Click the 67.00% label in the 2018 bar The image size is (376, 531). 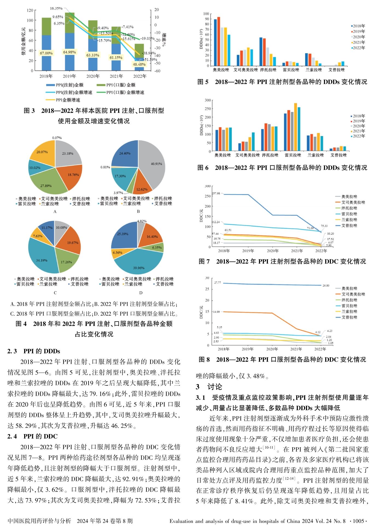[46, 53]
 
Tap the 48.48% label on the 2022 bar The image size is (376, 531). [139, 64]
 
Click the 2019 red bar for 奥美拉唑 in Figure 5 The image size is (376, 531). [218, 41]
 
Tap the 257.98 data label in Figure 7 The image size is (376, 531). [216, 194]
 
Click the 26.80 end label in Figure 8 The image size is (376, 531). [326, 285]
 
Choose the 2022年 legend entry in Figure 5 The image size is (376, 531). [358, 48]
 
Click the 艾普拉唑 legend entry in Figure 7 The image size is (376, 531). [349, 226]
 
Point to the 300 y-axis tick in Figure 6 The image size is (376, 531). [208, 100]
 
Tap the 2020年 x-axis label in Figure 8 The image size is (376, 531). [272, 349]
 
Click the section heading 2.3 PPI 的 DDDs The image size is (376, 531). [33, 351]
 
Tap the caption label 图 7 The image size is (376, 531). [204, 261]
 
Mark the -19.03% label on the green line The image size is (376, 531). [147, 38]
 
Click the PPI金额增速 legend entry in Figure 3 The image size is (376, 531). [68, 100]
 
